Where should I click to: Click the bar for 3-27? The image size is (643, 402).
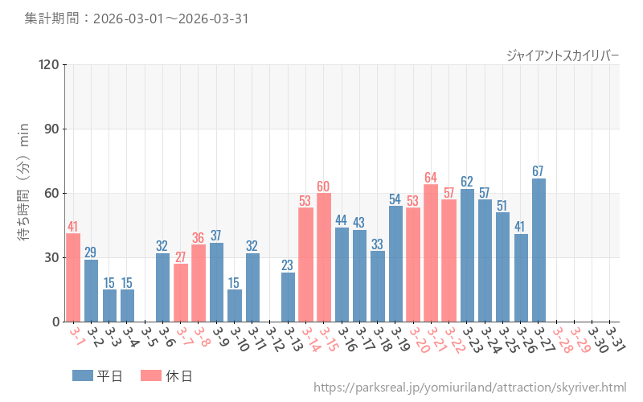(x=539, y=250)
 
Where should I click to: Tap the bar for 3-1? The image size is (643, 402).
(x=73, y=277)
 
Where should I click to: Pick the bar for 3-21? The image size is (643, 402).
(x=431, y=253)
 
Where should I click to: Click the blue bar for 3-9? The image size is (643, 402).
(x=216, y=282)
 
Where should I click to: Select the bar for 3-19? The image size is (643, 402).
(x=395, y=264)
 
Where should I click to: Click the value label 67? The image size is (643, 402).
(x=539, y=171)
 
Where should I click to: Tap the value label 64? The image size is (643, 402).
(x=431, y=178)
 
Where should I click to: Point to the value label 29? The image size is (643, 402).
(x=91, y=252)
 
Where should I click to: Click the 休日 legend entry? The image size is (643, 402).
(x=166, y=375)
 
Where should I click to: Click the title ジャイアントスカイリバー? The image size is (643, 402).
(x=563, y=55)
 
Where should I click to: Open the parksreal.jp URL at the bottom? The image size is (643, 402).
(x=469, y=388)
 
